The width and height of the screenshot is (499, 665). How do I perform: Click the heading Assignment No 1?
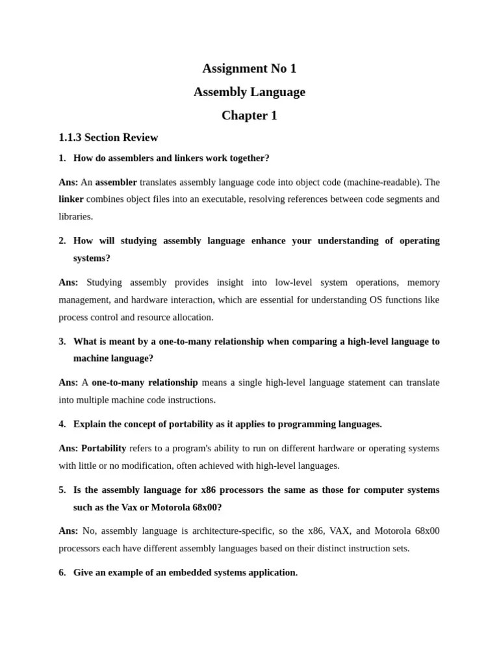point(249,68)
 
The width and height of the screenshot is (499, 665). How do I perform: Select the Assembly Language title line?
point(249,92)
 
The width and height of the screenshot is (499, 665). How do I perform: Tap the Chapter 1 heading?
point(249,116)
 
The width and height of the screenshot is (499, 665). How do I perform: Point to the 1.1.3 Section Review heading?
point(108,138)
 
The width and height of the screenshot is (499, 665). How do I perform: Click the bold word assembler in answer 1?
point(116,182)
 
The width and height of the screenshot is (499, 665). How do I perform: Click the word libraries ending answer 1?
point(75,216)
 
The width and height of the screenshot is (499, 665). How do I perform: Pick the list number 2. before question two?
point(62,241)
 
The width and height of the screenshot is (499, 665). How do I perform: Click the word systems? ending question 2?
point(92,258)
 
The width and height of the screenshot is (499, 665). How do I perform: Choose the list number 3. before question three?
point(62,342)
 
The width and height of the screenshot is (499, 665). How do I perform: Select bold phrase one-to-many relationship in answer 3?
point(144,383)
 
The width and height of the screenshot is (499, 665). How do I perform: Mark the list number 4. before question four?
point(62,424)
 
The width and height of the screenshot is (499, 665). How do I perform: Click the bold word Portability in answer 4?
point(103,449)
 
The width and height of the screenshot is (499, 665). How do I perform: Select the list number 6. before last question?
point(62,573)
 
